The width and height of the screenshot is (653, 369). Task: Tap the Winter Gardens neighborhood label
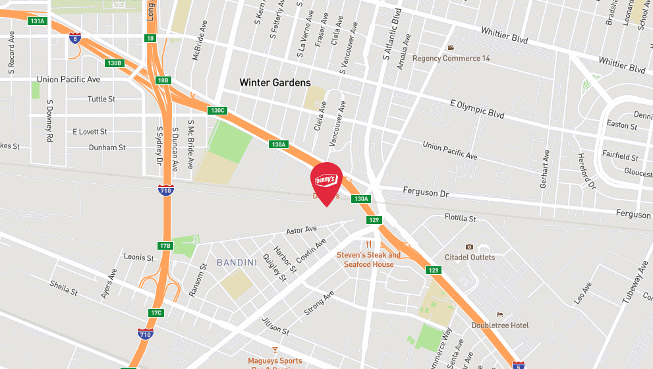pyautogui.click(x=275, y=83)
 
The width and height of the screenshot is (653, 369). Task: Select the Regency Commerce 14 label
pyautogui.click(x=451, y=58)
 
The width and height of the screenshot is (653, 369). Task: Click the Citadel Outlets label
pyautogui.click(x=470, y=257)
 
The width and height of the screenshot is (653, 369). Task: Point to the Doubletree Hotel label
pyautogui.click(x=500, y=325)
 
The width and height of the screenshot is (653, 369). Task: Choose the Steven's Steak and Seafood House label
pyautogui.click(x=368, y=260)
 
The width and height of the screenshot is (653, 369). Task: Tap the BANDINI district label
pyautogui.click(x=237, y=263)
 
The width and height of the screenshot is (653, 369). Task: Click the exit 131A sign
pyautogui.click(x=38, y=21)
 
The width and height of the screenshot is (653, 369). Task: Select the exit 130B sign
pyautogui.click(x=115, y=63)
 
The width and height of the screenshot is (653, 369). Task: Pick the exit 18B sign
pyautogui.click(x=163, y=80)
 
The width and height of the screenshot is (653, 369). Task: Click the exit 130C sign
pyautogui.click(x=217, y=110)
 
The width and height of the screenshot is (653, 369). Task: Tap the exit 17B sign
pyautogui.click(x=165, y=246)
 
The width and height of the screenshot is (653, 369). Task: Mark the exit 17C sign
pyautogui.click(x=156, y=312)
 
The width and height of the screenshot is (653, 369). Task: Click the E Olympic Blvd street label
pyautogui.click(x=477, y=109)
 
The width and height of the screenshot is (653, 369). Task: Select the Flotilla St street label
pyautogui.click(x=460, y=217)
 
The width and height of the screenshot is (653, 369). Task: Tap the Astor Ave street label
pyautogui.click(x=302, y=230)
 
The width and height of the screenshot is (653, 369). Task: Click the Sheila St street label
pyautogui.click(x=64, y=287)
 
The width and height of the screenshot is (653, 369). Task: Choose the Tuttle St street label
pyautogui.click(x=101, y=99)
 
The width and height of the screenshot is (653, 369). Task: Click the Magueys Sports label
pyautogui.click(x=275, y=360)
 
